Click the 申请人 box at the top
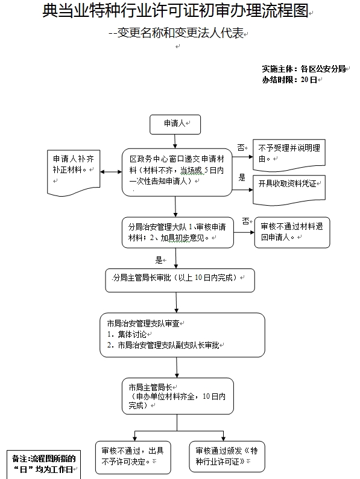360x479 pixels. [175, 124]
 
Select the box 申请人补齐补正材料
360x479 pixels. [74, 173]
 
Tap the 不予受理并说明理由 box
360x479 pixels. [289, 155]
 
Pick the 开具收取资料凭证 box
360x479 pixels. [289, 189]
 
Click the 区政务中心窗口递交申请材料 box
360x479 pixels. [177, 173]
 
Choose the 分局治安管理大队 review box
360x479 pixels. [178, 232]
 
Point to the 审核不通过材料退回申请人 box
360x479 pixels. [292, 232]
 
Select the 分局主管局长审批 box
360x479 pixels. [180, 281]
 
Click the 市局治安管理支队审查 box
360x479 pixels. [182, 335]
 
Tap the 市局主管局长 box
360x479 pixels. [178, 396]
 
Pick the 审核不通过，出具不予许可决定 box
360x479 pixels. [133, 457]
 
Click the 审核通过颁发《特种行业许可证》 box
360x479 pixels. [227, 457]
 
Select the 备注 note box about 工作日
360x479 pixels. [43, 465]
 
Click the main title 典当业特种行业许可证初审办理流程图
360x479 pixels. [175, 11]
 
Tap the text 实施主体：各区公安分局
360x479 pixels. [303, 69]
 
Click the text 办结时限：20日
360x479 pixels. [289, 80]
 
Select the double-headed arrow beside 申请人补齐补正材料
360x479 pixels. [111, 172]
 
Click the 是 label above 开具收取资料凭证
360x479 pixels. [242, 177]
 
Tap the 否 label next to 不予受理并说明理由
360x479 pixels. [241, 148]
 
